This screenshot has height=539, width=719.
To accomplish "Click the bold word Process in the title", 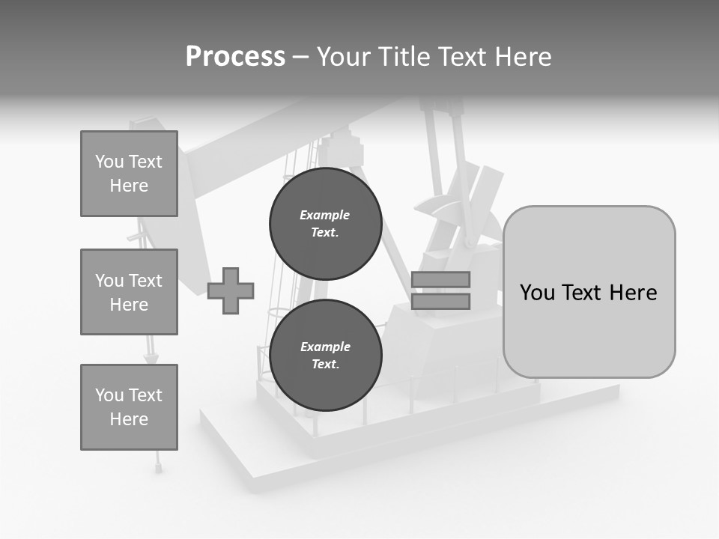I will (x=235, y=56).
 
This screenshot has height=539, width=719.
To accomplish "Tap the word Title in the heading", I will (x=405, y=57).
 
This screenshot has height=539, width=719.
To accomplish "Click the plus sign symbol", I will (x=231, y=290).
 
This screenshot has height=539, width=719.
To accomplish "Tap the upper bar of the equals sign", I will (x=440, y=280).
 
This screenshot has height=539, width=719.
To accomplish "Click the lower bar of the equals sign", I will (x=440, y=302).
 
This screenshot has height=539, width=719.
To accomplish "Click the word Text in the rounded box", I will (x=583, y=293).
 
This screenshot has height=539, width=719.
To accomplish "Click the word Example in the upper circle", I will (x=325, y=215).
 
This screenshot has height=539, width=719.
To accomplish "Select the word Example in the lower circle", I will (x=325, y=347).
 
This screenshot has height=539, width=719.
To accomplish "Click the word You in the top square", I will (x=109, y=162).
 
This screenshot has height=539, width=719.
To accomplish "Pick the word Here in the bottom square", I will (x=129, y=419).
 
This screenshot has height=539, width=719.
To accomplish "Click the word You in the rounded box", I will (x=536, y=293).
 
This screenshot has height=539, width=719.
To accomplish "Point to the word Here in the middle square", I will (x=129, y=305).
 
